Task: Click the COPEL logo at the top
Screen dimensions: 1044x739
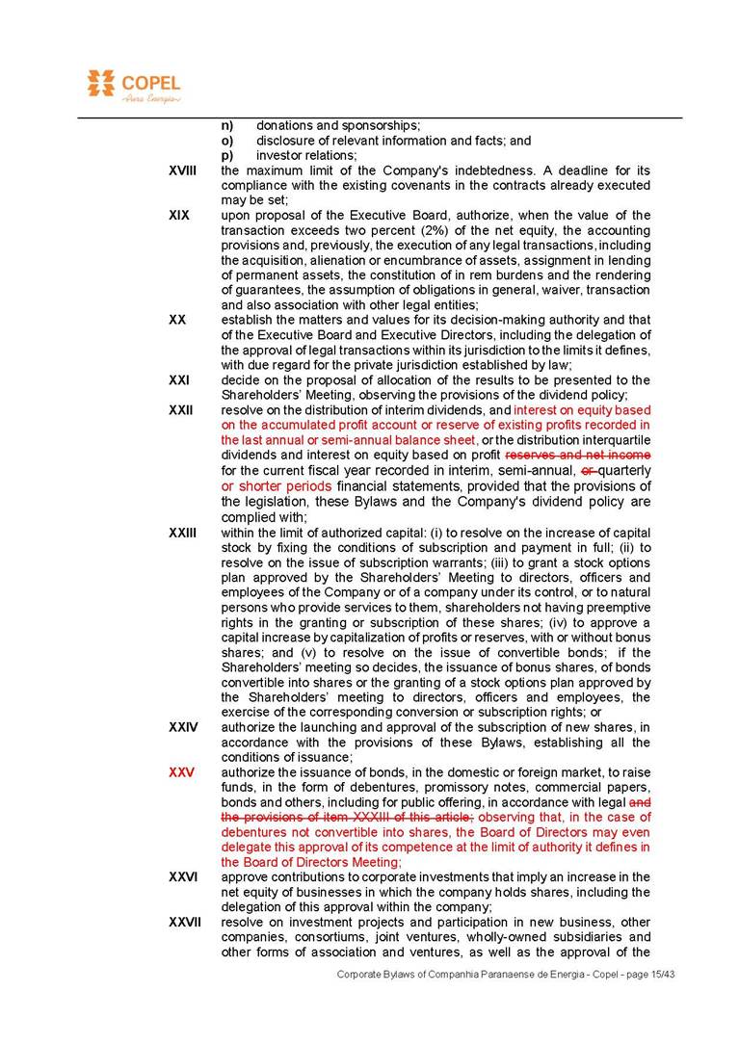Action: tap(133, 86)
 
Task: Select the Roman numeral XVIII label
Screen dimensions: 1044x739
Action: tap(182, 170)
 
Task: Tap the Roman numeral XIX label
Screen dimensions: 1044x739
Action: tap(178, 215)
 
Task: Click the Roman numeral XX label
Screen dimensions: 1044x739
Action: tap(176, 320)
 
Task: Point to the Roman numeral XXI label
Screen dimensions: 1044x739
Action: tap(178, 380)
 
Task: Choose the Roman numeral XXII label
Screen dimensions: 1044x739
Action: tap(180, 410)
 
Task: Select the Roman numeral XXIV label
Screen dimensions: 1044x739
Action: tap(183, 727)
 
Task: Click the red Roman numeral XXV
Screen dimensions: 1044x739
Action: tap(181, 772)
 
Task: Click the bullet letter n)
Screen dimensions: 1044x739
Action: tap(227, 125)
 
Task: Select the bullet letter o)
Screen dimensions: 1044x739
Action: tap(227, 141)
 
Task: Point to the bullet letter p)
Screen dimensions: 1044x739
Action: tap(227, 156)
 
